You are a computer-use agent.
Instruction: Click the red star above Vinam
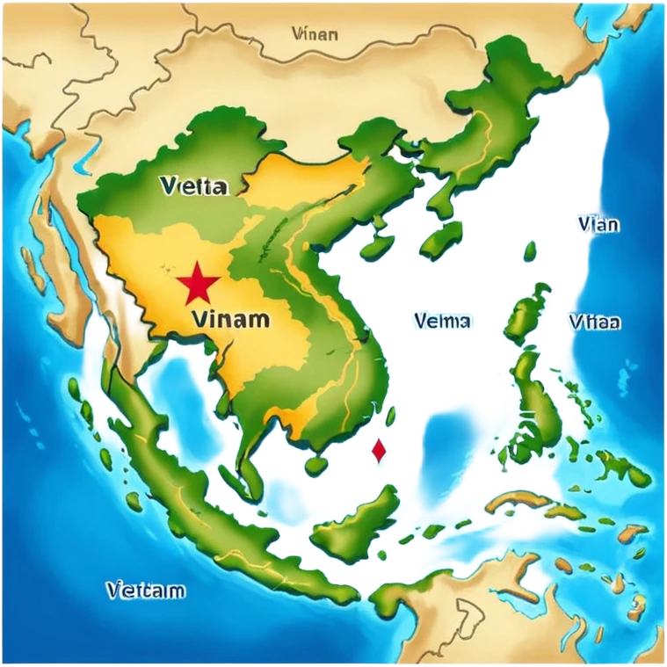click(x=197, y=284)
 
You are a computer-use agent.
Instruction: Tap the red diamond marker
click(x=379, y=451)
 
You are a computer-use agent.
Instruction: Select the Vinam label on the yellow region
click(x=229, y=318)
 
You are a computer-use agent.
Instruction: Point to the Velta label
click(x=194, y=186)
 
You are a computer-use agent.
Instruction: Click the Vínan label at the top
click(x=313, y=34)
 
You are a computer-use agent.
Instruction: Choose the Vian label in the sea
click(x=598, y=224)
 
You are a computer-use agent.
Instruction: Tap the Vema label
click(x=442, y=322)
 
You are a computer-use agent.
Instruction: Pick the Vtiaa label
click(x=594, y=322)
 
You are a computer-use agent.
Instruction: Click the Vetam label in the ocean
click(x=145, y=590)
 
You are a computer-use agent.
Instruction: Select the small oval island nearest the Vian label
click(x=529, y=252)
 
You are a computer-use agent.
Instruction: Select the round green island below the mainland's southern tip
click(x=314, y=463)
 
